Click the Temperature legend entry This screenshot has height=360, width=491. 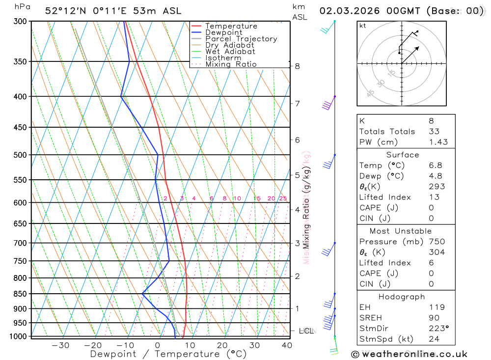(231, 26)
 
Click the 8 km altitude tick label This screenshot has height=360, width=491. (297, 66)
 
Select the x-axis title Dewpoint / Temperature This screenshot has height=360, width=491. (168, 354)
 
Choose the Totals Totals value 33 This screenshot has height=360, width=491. (434, 132)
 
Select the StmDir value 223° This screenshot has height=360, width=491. (437, 329)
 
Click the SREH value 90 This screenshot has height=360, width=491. (434, 318)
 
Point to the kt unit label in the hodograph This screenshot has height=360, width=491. (363, 26)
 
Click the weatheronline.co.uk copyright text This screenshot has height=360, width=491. (409, 354)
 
